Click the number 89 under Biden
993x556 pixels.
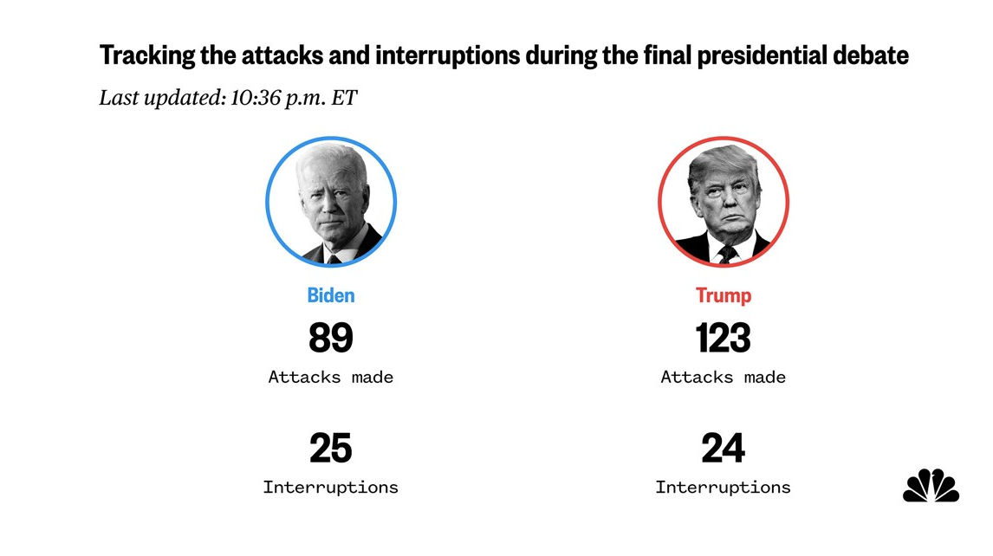(x=331, y=338)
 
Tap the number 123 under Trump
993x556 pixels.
(x=724, y=338)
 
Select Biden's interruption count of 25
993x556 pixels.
(x=331, y=449)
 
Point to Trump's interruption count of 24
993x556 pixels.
(x=724, y=449)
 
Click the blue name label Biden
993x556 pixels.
(x=331, y=295)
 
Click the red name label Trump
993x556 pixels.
(x=724, y=295)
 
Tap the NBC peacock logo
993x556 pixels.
(x=931, y=486)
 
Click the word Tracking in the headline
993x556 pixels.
(x=147, y=56)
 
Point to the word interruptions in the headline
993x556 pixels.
(x=448, y=56)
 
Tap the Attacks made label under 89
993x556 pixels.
(x=331, y=378)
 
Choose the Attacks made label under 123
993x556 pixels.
(x=724, y=378)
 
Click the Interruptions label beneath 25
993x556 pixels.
(x=331, y=488)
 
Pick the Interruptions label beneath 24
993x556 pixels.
(x=724, y=488)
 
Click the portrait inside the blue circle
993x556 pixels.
(x=331, y=202)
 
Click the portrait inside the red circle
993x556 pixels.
(x=724, y=202)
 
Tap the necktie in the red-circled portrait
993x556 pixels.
(x=726, y=254)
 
